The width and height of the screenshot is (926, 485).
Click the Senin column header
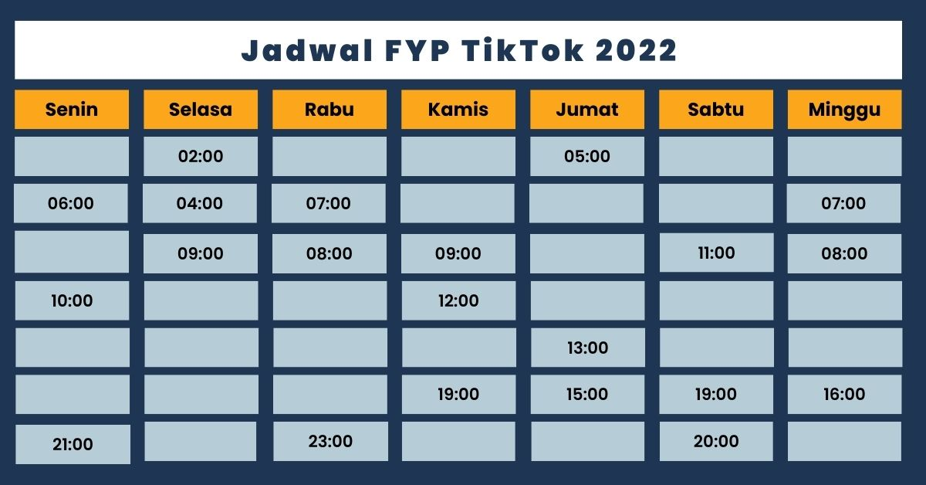[x=72, y=110]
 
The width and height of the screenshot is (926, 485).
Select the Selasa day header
[x=201, y=110]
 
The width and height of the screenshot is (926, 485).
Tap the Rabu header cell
[x=330, y=110]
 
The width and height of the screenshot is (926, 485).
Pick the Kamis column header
[x=458, y=110]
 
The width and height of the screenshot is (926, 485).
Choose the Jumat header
[x=587, y=110]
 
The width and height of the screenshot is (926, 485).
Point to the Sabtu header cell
[x=716, y=110]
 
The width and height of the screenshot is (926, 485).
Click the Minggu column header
[x=844, y=110]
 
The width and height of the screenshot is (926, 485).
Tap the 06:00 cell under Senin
[x=71, y=204]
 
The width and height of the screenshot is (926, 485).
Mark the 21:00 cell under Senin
[x=73, y=444]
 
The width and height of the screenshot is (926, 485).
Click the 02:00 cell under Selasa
[x=201, y=157]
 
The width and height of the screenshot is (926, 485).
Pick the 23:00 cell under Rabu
[x=330, y=442]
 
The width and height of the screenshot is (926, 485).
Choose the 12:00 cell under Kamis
[x=458, y=300]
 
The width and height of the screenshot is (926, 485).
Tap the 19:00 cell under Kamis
[x=458, y=395]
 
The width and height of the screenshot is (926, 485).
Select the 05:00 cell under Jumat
[x=587, y=157]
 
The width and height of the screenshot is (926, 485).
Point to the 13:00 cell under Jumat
[x=587, y=348]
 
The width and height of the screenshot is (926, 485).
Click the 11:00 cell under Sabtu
[x=716, y=253]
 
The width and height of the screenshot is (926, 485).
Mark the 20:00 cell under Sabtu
[x=716, y=442]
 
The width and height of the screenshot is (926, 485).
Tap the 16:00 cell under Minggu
[x=844, y=395]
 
